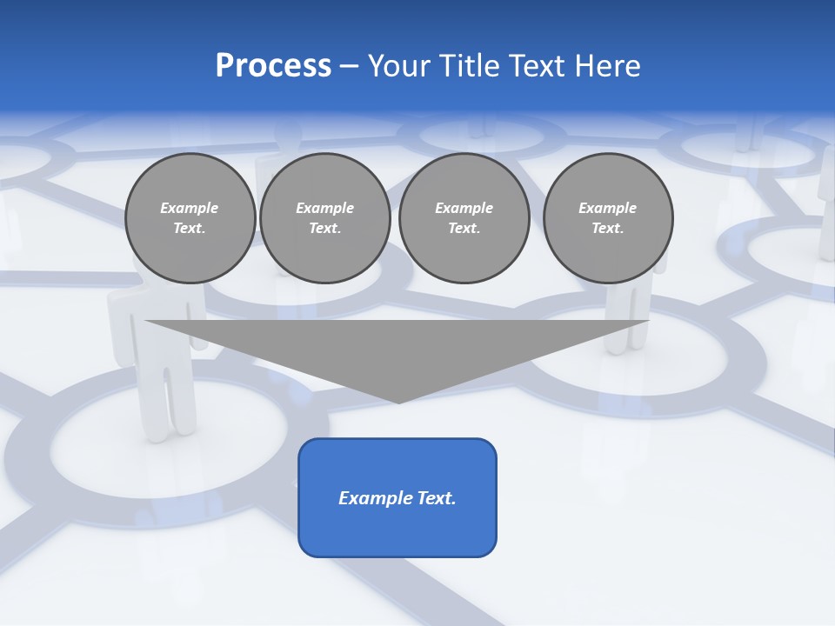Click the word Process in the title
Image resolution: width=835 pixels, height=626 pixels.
[273, 66]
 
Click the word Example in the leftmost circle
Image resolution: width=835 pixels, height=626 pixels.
[190, 208]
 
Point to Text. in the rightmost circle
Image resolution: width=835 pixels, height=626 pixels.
[608, 229]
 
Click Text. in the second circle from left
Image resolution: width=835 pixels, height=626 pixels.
[325, 229]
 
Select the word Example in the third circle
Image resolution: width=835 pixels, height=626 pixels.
[464, 208]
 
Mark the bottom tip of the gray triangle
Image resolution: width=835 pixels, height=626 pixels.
[398, 401]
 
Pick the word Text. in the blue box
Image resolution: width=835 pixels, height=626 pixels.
[436, 498]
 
